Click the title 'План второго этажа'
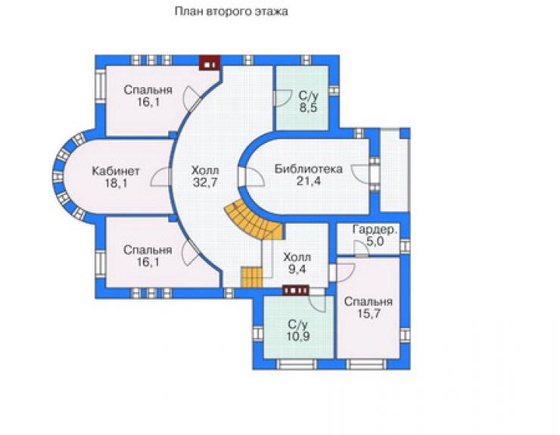[231, 11]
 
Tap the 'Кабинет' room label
[115, 171]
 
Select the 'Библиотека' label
[308, 169]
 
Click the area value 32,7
[205, 182]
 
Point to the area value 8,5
[308, 107]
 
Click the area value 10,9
[297, 337]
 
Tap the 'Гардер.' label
[375, 229]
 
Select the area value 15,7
[369, 313]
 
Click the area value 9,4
[297, 269]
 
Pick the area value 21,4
[309, 181]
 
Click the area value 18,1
[116, 183]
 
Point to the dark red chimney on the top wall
[210, 63]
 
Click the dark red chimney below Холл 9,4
[295, 291]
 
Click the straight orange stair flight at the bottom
[251, 277]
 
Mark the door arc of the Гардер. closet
[361, 247]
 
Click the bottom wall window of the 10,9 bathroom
[297, 364]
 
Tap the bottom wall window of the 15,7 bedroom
[366, 364]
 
